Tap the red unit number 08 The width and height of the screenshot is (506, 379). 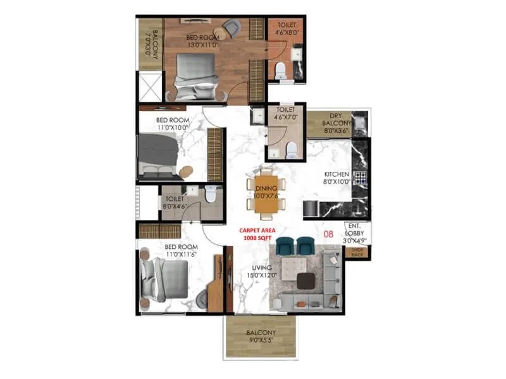328,234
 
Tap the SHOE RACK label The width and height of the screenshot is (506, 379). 359,253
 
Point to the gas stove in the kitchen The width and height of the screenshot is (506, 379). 361,177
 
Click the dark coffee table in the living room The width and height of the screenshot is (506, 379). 307,281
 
